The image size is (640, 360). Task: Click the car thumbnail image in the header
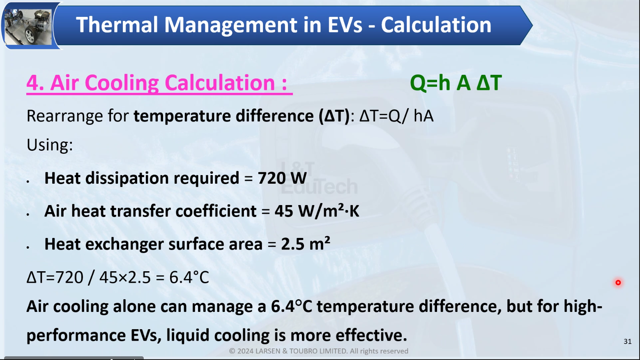coord(28,26)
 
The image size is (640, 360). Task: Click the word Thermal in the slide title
coord(117,25)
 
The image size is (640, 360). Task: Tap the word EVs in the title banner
coord(345,25)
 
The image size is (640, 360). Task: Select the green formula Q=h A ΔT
coord(456,83)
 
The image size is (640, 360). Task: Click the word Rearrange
coord(64,116)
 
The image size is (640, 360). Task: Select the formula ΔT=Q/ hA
coord(396,116)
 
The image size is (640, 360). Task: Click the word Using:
coord(50,145)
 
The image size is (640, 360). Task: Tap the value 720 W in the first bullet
coord(282,178)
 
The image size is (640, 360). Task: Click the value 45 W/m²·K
coord(317,211)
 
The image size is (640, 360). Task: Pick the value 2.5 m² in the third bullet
coord(306,244)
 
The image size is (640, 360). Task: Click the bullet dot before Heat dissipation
coord(28,181)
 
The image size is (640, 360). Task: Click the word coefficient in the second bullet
coord(216,211)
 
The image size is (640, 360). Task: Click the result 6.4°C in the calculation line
coord(189,277)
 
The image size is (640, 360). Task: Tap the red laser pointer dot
coord(618,282)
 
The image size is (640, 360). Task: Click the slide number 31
coord(627,342)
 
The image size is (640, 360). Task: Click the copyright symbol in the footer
coord(232,351)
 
